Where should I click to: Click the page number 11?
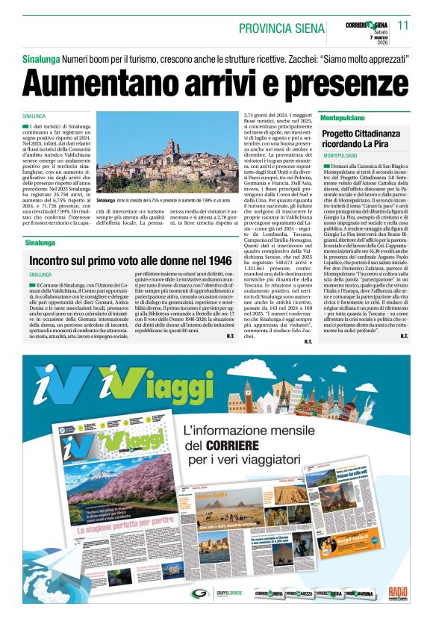(x=404, y=25)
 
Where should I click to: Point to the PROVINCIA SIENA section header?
(x=280, y=28)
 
